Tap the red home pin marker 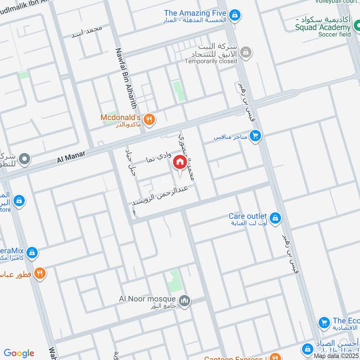pos(180,162)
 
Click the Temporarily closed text pos(211,61)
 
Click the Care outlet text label pos(247,216)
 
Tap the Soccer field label pos(334,34)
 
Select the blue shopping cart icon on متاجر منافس pos(256,135)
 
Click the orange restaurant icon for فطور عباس pos(40,273)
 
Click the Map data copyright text pos(337,355)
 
